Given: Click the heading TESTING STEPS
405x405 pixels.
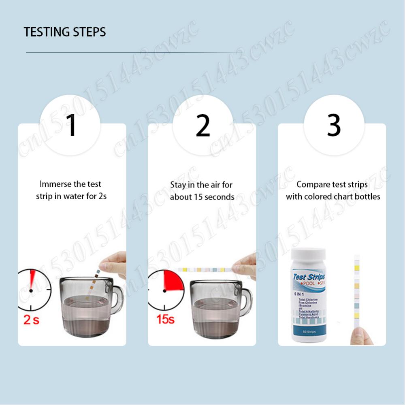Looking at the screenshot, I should tap(65, 32).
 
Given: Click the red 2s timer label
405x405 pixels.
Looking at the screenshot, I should tap(31, 320).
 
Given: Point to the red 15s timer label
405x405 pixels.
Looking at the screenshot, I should tap(165, 319).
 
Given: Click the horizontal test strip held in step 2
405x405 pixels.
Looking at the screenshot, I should tap(205, 269).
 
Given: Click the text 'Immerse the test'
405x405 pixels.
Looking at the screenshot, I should tap(71, 184).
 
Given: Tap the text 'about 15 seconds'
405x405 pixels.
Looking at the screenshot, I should tap(202, 197).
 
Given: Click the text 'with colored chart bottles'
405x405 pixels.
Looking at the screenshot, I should tap(333, 197).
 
